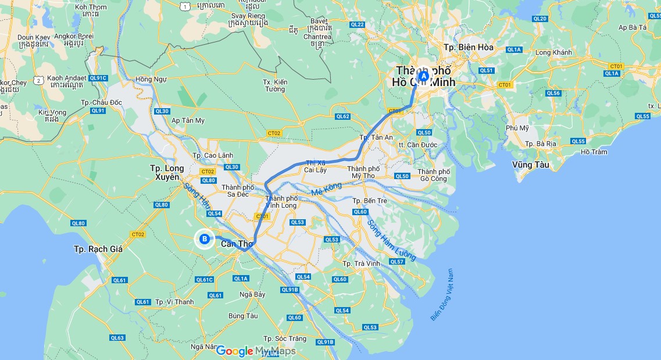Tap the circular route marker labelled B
(x=205, y=238)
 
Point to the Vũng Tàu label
(x=531, y=165)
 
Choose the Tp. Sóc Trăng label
(x=284, y=338)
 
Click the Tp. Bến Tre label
(x=370, y=201)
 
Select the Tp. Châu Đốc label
(x=102, y=102)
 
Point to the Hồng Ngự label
(x=151, y=79)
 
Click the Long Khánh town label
(x=553, y=52)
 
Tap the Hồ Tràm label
(x=594, y=152)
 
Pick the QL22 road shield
(x=357, y=24)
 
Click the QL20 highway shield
(x=539, y=19)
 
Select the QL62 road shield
(x=343, y=116)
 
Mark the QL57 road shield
(x=396, y=262)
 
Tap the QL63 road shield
(x=117, y=338)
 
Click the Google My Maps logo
(x=256, y=351)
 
